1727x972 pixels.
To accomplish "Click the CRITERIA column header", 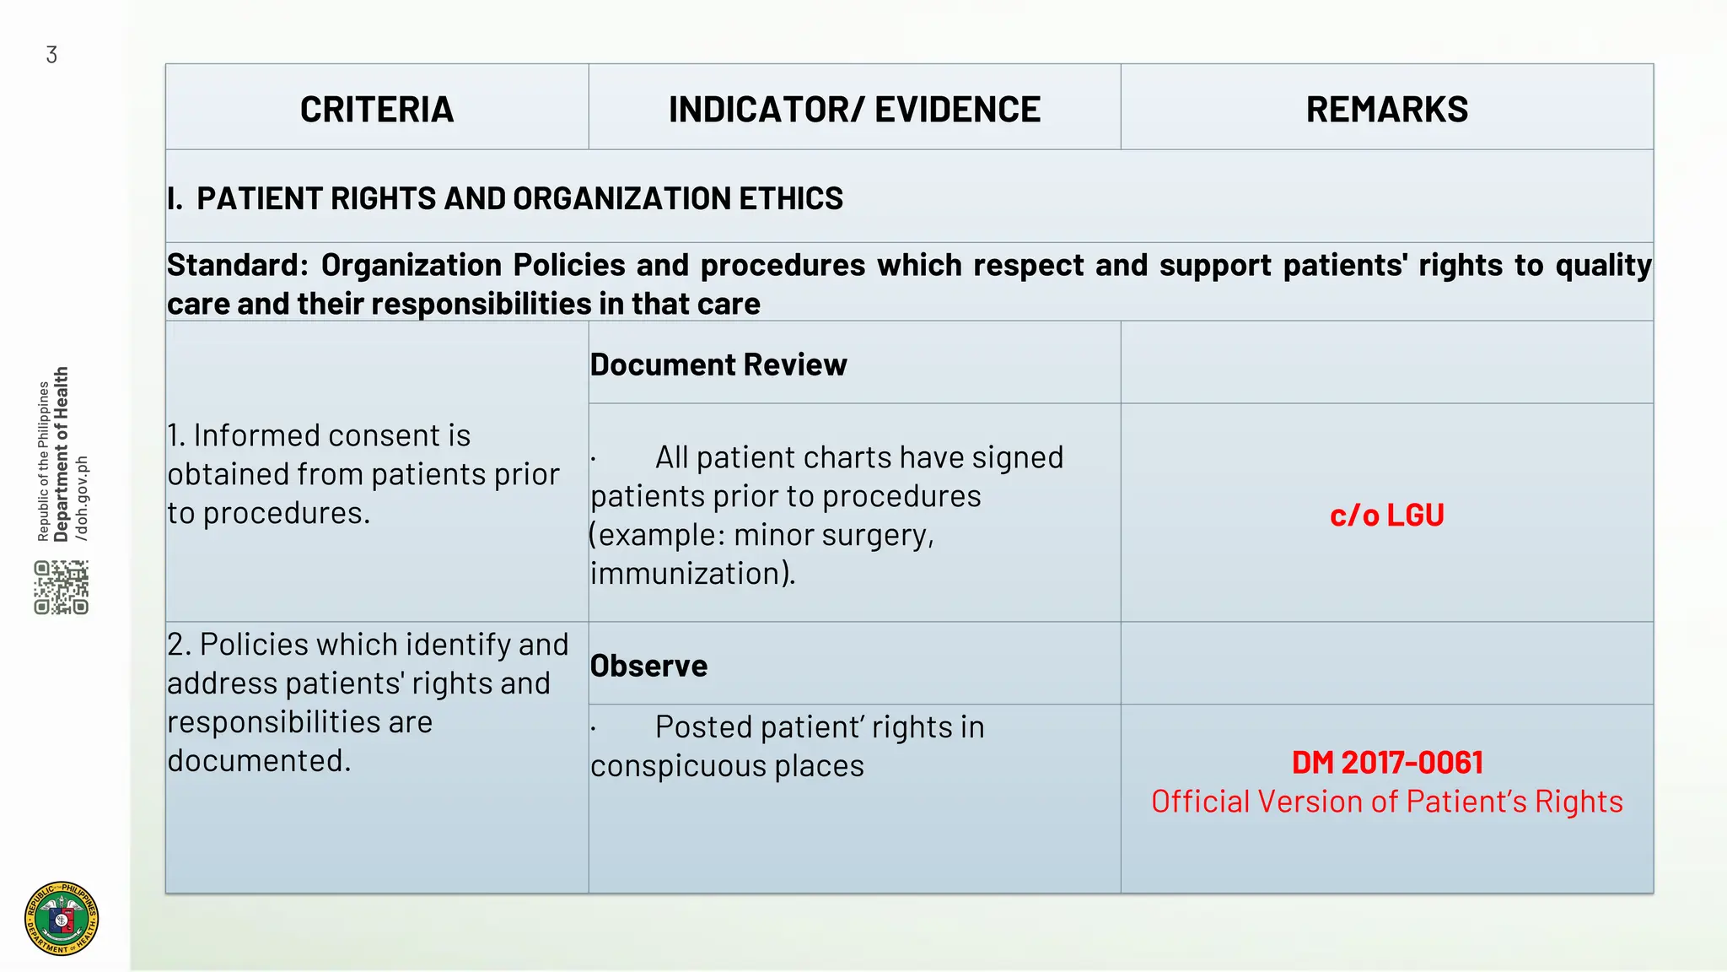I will click(x=377, y=110).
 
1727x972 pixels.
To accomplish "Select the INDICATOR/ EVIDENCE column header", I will click(x=854, y=110).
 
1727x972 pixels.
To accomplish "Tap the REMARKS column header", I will click(x=1386, y=110).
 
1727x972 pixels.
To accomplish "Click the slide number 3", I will click(x=51, y=56).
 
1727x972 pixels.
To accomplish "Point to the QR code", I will click(x=62, y=587).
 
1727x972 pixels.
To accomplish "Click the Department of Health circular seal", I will click(x=62, y=919).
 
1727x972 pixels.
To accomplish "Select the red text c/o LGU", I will click(x=1386, y=516).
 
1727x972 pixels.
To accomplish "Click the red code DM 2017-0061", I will click(x=1386, y=763).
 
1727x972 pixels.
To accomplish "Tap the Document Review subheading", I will click(x=718, y=365).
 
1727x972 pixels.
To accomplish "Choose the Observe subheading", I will click(x=648, y=667).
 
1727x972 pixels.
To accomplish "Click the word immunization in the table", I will click(x=690, y=574).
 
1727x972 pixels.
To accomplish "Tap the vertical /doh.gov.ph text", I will click(x=82, y=498).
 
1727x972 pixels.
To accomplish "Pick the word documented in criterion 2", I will click(x=257, y=761).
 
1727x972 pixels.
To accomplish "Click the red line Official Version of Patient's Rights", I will click(x=1386, y=802).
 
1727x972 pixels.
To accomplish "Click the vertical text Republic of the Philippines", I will click(x=44, y=461).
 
